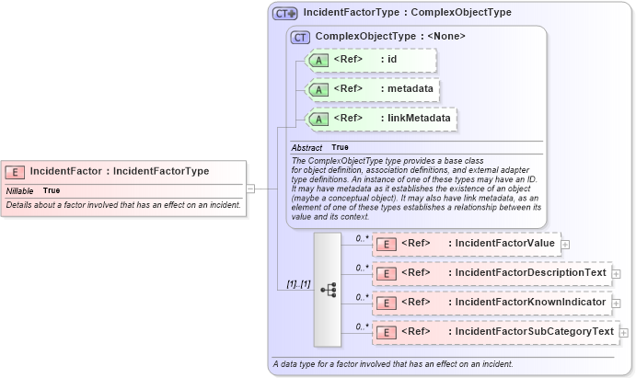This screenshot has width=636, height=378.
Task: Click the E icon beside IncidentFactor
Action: (16, 171)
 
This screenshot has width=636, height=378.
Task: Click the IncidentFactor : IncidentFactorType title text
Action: (119, 171)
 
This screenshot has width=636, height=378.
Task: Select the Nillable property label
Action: (19, 190)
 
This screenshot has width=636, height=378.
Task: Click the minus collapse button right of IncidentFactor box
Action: (250, 189)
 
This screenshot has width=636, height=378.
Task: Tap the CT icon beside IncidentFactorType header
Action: (285, 14)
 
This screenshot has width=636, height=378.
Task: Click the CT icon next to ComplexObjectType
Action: (300, 37)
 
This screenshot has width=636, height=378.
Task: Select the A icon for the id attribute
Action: (318, 61)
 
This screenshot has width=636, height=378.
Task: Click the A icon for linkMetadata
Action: (318, 119)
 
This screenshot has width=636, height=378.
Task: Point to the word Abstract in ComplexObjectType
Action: (306, 148)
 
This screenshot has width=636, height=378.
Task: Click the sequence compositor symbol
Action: (328, 289)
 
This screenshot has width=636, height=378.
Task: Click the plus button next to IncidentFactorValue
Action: (565, 245)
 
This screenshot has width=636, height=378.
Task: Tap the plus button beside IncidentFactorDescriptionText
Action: (616, 274)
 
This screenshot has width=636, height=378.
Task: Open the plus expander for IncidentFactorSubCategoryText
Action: (624, 332)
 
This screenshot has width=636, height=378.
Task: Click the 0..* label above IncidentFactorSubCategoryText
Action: (363, 326)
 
